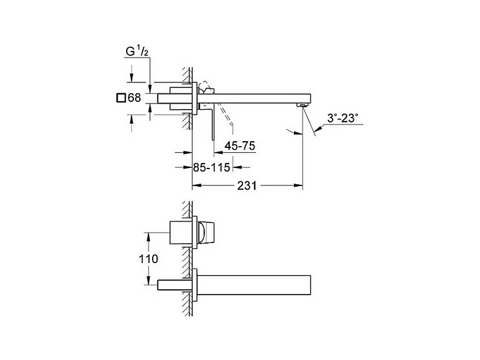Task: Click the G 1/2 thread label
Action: pyautogui.click(x=137, y=51)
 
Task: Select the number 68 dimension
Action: pyautogui.click(x=135, y=98)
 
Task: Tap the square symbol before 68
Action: pyautogui.click(x=121, y=98)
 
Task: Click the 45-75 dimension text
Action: pyautogui.click(x=239, y=146)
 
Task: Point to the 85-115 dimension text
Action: pyautogui.click(x=212, y=167)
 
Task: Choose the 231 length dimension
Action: pyautogui.click(x=247, y=185)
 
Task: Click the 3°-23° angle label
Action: pyautogui.click(x=342, y=118)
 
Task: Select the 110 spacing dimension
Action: pyautogui.click(x=148, y=259)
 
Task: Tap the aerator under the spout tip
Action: pyautogui.click(x=302, y=105)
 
